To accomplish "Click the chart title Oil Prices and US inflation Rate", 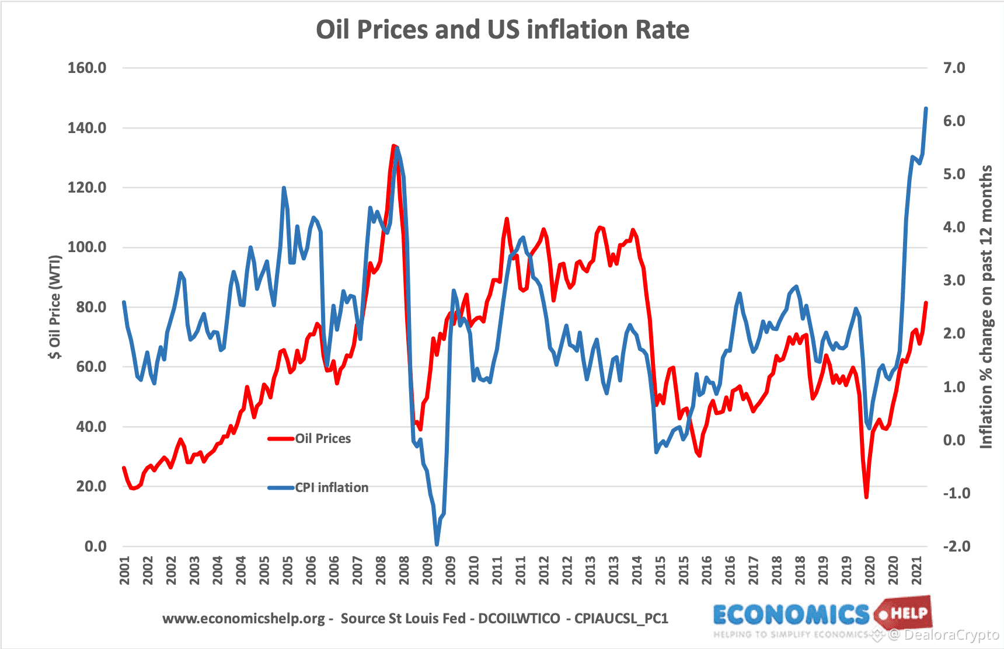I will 502,29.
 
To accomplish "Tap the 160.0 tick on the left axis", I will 87,68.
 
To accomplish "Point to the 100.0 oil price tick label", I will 87,247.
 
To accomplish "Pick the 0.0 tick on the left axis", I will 95,546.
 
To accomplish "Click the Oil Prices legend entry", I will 322,438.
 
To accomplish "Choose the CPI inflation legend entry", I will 331,487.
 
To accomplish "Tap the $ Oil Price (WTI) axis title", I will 55,307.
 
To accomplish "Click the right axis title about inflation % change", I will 986,307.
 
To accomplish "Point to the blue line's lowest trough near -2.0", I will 437,545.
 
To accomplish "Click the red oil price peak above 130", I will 393,146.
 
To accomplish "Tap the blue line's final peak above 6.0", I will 926,109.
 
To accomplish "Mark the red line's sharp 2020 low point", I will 866,497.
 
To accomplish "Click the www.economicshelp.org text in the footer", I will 243,619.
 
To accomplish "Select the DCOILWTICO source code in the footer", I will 519,619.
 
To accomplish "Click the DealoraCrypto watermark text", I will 951,635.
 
